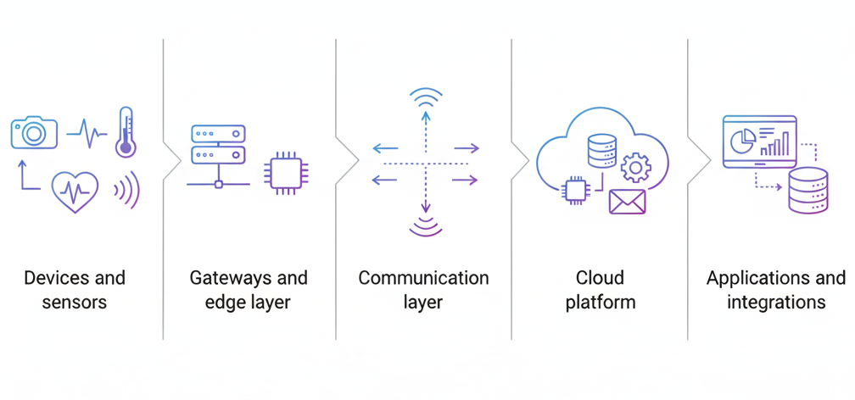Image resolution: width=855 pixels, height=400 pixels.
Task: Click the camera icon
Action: point(34,131)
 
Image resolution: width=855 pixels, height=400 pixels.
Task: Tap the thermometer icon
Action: point(126,132)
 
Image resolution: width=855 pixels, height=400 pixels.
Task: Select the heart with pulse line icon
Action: point(75,191)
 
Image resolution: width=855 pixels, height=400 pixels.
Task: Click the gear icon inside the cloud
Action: point(634,167)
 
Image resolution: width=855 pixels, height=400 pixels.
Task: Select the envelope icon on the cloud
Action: point(627,202)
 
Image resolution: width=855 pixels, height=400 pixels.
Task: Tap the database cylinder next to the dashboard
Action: point(807,190)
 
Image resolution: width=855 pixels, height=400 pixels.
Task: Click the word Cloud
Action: point(600,278)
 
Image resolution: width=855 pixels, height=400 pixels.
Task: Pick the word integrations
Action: point(776,303)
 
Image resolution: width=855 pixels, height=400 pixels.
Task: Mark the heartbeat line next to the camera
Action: point(87,132)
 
